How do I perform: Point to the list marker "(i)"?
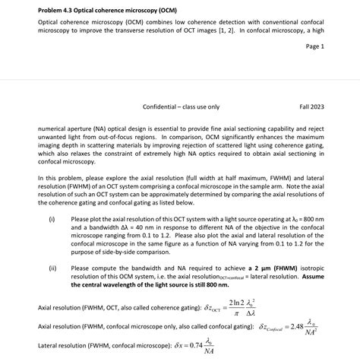[x=52, y=219]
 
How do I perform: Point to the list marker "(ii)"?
[x=52, y=268]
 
